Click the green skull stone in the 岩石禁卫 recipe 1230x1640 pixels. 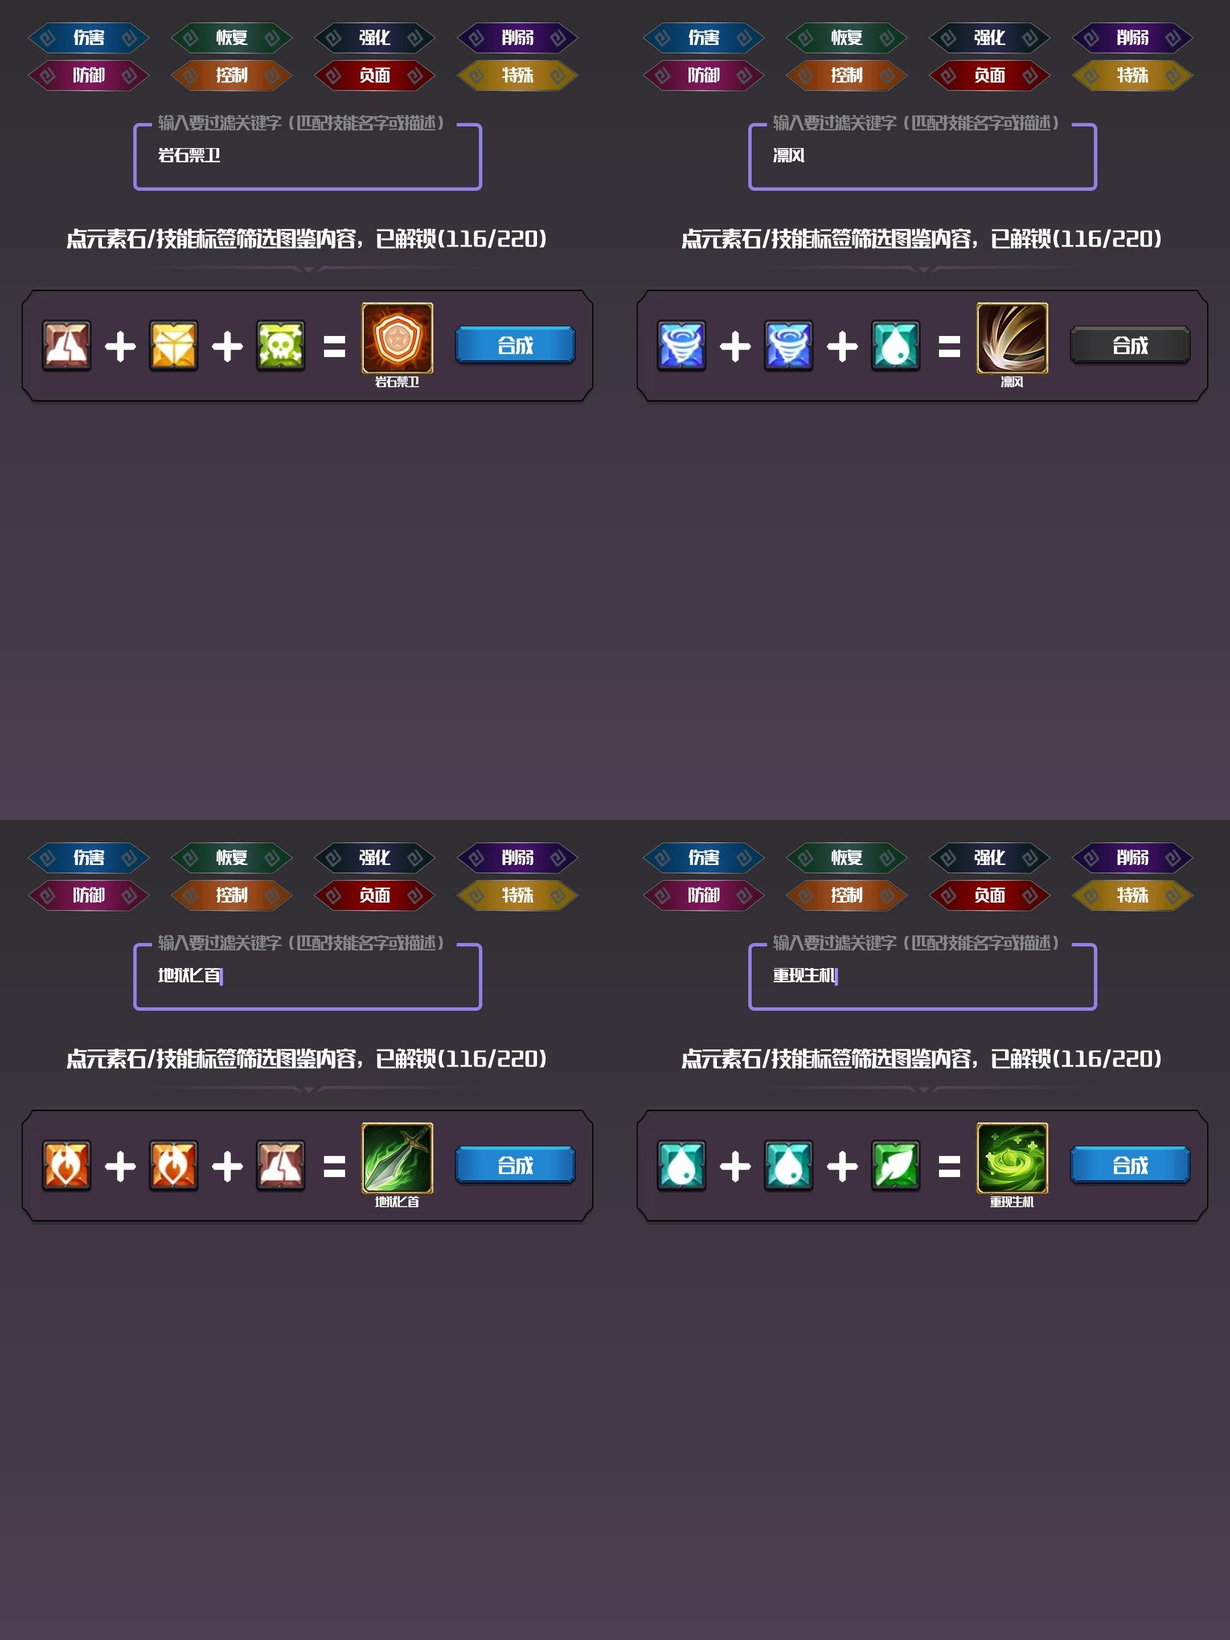281,346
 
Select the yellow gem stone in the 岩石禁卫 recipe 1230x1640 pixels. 174,346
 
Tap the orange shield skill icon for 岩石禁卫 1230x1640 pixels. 397,338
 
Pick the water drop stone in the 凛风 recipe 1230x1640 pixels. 896,346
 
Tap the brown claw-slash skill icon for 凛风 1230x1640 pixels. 1012,338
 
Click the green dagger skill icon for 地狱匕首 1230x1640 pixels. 397,1158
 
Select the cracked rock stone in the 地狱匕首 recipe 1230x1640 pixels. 281,1166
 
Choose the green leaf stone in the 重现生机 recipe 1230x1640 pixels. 896,1166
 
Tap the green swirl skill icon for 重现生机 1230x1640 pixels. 1012,1158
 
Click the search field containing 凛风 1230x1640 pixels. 922,157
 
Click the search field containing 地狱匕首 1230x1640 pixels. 307,977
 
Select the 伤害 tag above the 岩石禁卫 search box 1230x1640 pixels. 89,38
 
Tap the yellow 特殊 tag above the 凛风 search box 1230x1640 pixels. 1132,76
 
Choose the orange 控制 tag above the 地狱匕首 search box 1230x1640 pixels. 231,896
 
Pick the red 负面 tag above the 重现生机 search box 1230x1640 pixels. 989,896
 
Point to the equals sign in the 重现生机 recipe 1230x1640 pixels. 949,1166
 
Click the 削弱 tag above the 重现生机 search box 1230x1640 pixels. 1132,858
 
